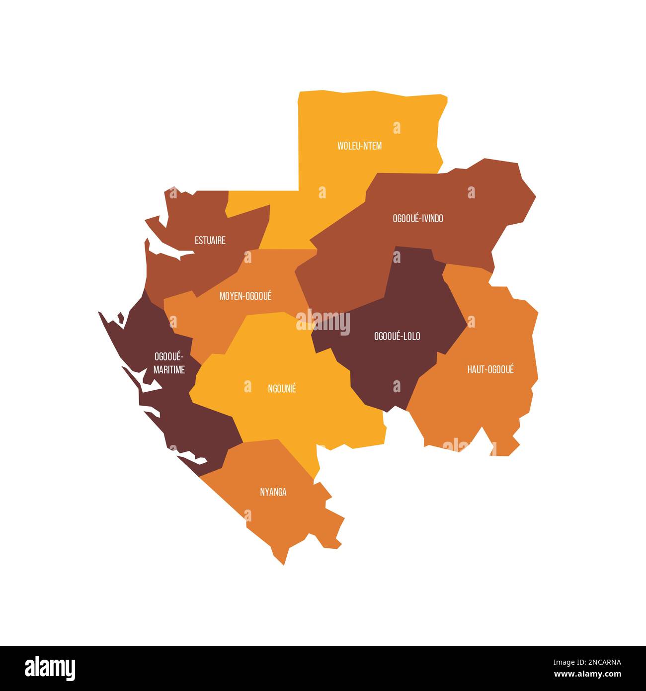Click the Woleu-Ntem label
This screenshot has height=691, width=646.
pos(359,146)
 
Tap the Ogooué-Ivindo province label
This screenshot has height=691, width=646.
pos(417,218)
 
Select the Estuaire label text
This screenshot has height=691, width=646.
pos(210,240)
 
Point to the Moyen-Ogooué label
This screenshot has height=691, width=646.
pos(245,296)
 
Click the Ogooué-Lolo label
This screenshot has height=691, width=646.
pos(397,336)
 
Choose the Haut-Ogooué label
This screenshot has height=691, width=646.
pos(490,369)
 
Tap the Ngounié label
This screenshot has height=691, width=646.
pos(282,389)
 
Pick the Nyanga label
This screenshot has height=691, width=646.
pos(273,492)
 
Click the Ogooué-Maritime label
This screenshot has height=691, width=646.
pos(169,363)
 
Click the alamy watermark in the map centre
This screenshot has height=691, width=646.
pos(323,322)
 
